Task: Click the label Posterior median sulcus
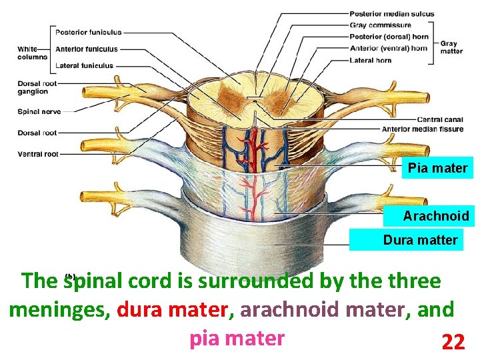[391, 14]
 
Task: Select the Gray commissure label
[380, 25]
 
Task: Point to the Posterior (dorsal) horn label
[389, 37]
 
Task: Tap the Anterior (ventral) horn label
[389, 48]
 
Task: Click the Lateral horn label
[370, 60]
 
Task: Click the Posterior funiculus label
[88, 32]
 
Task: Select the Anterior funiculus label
[87, 49]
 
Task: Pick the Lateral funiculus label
[84, 65]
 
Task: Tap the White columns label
[32, 53]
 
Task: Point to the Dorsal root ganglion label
[37, 87]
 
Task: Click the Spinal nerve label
[39, 111]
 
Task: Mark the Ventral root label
[38, 154]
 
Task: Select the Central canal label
[440, 120]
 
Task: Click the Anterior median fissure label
[422, 129]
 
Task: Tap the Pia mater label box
[438, 168]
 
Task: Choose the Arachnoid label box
[435, 216]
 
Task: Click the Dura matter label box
[420, 240]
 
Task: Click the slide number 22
[453, 342]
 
